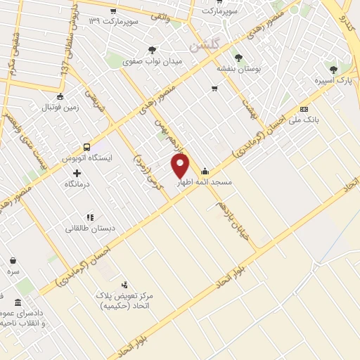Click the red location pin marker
click(x=181, y=166)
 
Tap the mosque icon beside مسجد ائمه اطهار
click(x=205, y=170)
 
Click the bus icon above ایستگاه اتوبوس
click(x=86, y=147)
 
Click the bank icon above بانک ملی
click(x=304, y=110)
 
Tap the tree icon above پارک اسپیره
click(x=333, y=70)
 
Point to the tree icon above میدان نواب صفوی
click(x=152, y=50)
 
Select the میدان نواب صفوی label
click(x=152, y=61)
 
